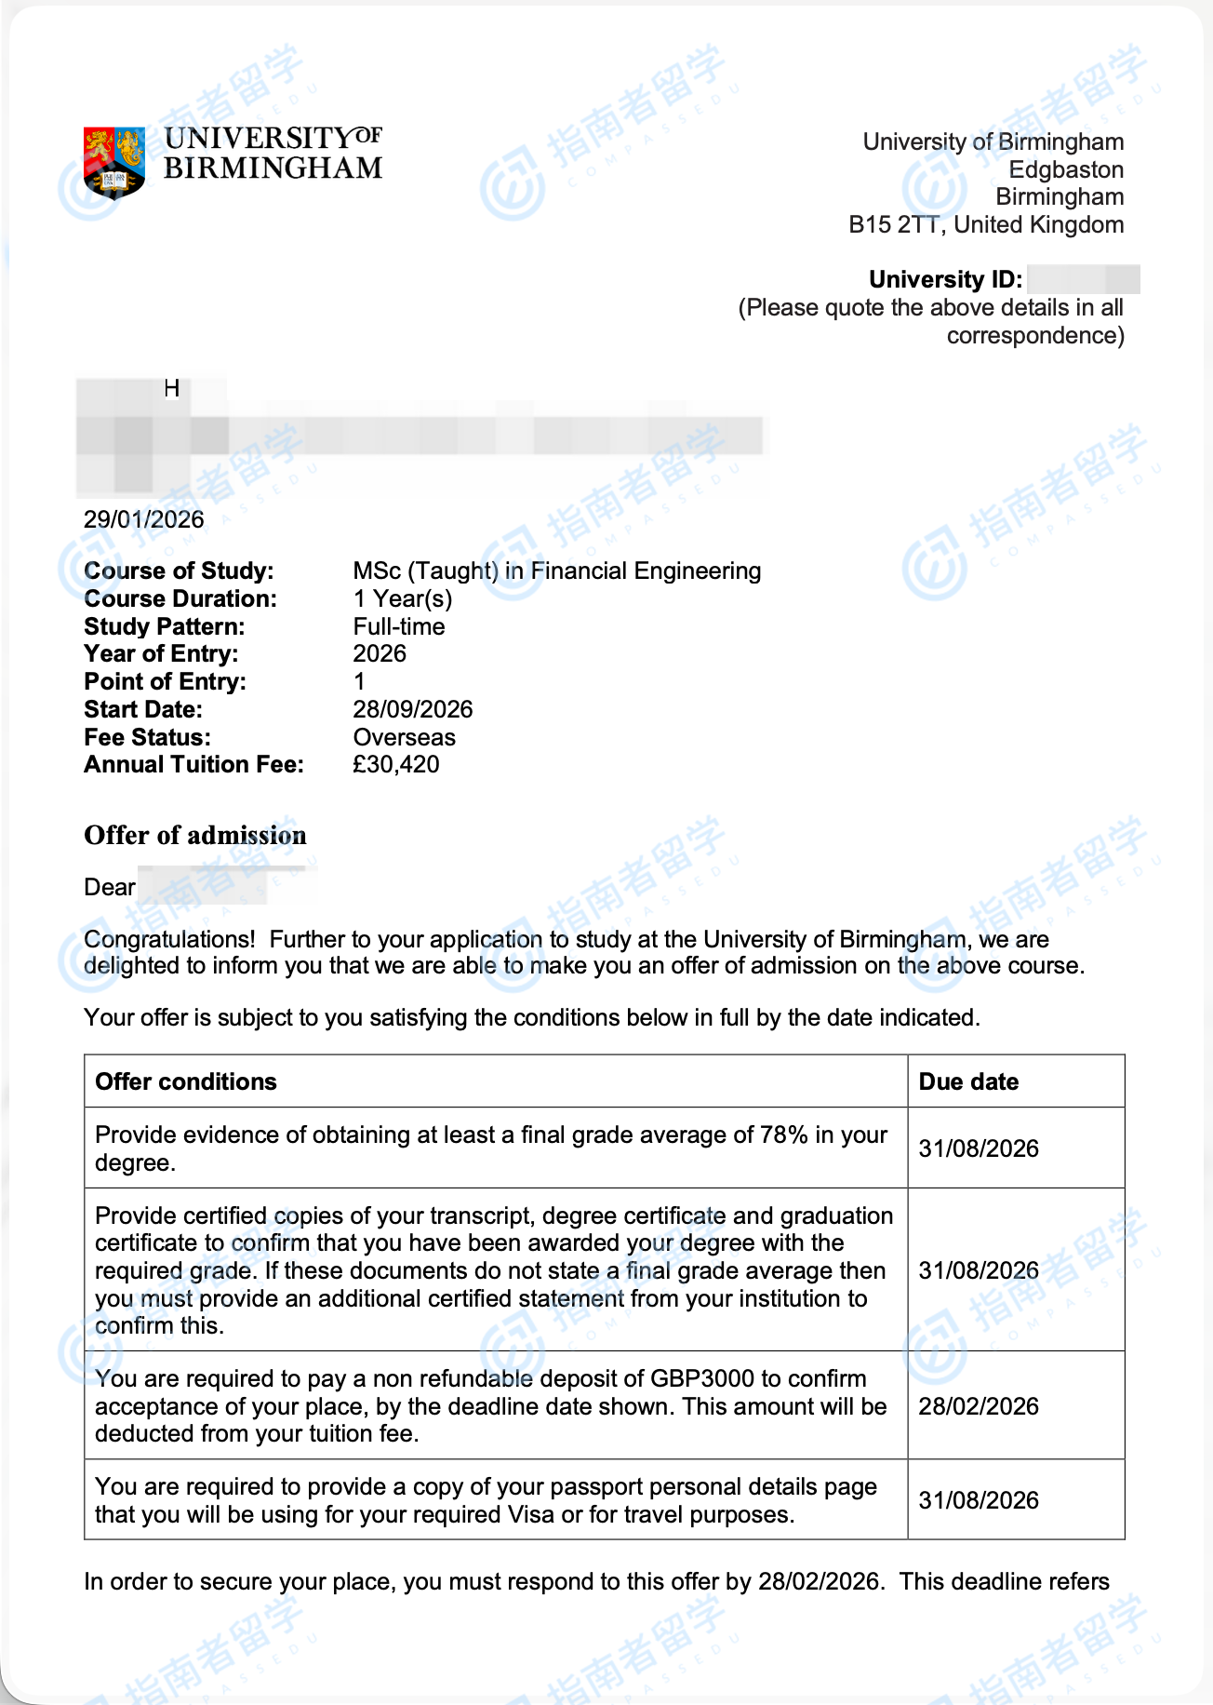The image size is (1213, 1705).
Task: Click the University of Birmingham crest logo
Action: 113,162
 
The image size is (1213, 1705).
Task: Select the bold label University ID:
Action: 945,279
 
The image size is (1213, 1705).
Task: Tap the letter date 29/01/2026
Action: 143,519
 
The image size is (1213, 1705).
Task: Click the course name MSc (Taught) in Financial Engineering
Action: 556,571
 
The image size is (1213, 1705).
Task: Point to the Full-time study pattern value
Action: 398,626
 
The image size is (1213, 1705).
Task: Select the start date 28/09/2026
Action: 412,709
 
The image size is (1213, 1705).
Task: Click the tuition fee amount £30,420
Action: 395,764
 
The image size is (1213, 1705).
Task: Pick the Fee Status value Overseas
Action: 404,737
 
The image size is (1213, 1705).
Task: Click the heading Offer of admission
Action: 194,835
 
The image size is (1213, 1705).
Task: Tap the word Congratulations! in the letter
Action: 168,939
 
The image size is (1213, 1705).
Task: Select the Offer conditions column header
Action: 186,1081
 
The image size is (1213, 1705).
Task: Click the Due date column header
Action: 968,1081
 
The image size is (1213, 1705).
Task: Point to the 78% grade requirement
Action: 783,1134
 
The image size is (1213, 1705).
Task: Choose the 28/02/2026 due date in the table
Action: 979,1406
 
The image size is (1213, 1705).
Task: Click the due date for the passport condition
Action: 979,1500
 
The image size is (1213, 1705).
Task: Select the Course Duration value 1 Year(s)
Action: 402,598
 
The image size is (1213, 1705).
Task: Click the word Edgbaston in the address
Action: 1066,169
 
